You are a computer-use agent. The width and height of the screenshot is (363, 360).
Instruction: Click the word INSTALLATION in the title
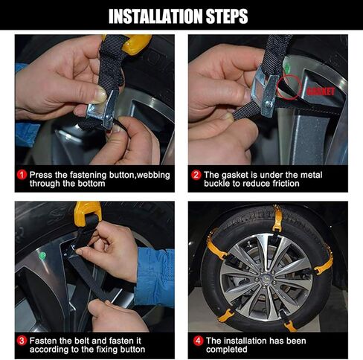[155, 16]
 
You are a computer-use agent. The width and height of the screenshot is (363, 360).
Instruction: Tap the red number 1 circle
[22, 175]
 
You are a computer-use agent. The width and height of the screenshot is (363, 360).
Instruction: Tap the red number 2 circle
[196, 175]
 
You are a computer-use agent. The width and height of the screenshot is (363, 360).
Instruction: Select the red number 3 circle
[22, 341]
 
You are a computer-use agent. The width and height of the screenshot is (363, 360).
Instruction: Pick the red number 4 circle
[198, 341]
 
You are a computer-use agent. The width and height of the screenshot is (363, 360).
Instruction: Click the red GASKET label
[321, 91]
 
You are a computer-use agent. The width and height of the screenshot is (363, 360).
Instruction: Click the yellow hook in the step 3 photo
[87, 213]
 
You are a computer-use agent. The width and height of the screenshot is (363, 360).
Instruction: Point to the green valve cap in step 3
[42, 255]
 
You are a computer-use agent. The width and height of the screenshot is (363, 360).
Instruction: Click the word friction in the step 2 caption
[286, 184]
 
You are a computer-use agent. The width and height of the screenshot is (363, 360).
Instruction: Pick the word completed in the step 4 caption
[226, 350]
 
